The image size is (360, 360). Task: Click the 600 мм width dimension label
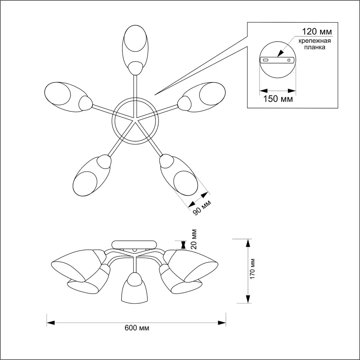[137, 328]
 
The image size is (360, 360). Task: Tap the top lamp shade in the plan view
[135, 47]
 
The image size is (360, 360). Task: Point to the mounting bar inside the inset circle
[277, 60]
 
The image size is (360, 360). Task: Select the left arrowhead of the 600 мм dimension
[50, 321]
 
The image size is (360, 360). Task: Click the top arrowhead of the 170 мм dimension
[248, 243]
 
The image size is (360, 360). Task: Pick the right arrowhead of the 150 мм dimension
[292, 90]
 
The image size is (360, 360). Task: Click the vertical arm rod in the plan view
[135, 90]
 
